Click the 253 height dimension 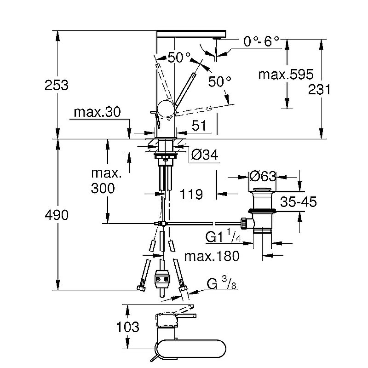(x=57, y=85)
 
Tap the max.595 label (x=285, y=74)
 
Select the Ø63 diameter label (x=262, y=176)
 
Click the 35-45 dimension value (x=299, y=202)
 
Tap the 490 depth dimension (x=57, y=215)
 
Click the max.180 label (x=212, y=256)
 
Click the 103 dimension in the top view (x=128, y=328)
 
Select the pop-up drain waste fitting (x=262, y=212)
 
